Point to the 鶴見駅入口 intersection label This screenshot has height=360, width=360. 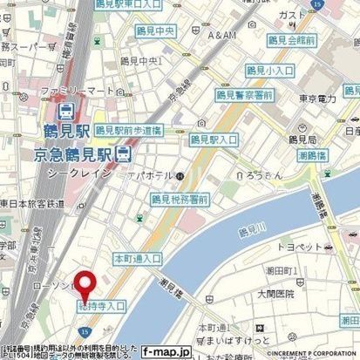(214, 139)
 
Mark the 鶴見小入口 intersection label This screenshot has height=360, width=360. (268, 71)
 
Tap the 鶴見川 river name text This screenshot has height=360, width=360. (252, 230)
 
